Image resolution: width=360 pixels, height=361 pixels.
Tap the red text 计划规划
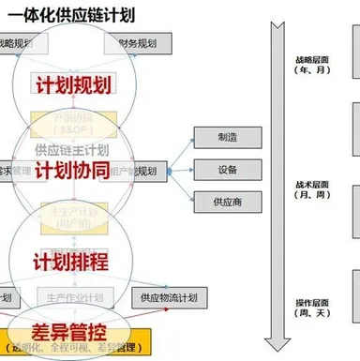pyautogui.click(x=72, y=84)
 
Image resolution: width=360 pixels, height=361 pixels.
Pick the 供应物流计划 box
pyautogui.click(x=168, y=297)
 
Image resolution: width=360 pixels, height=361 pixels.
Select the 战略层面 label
pyautogui.click(x=309, y=58)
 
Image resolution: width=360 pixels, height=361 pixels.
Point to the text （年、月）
pyautogui.click(x=309, y=71)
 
